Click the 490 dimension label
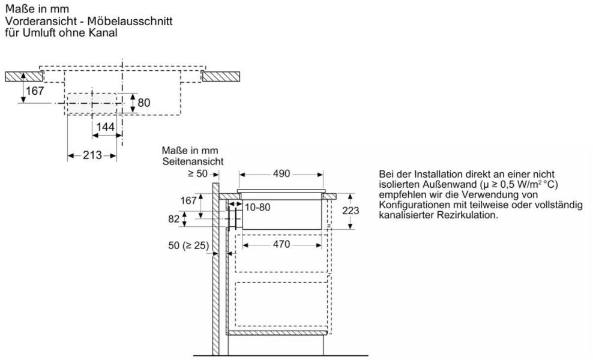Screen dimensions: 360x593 point(281,174)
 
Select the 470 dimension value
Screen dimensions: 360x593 point(281,244)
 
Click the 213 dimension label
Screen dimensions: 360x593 point(92,155)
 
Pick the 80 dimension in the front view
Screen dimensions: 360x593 point(144,103)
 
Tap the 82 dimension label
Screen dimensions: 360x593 point(174,220)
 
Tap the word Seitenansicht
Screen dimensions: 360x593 point(193,161)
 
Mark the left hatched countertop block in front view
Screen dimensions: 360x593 point(23,76)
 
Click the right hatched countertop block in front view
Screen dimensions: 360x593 point(221,76)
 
